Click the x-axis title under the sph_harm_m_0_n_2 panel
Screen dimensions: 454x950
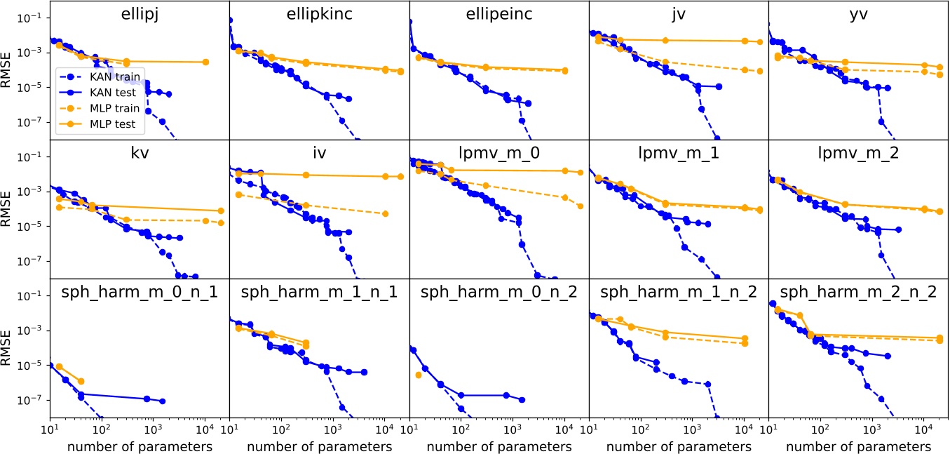tap(498, 446)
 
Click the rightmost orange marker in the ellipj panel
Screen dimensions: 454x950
tap(205, 62)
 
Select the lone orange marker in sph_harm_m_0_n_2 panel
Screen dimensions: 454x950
tap(419, 375)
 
